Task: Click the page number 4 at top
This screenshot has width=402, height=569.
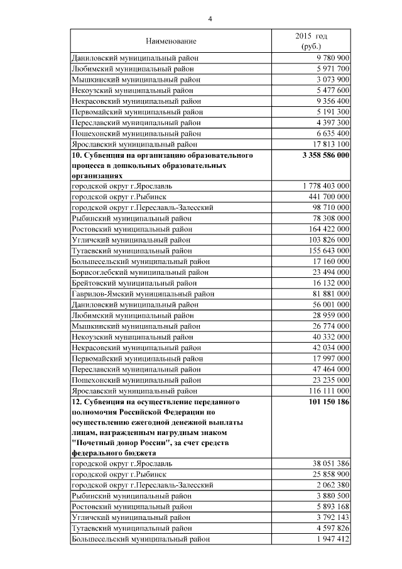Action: coord(210,19)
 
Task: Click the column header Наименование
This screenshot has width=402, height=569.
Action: coord(171,41)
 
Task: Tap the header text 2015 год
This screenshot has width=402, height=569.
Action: coord(312,36)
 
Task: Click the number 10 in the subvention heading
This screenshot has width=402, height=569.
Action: coord(77,155)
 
